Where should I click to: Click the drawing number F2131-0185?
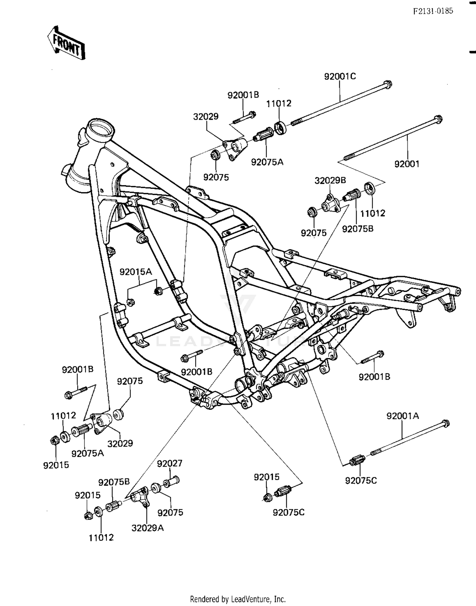pyautogui.click(x=433, y=11)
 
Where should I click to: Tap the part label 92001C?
pyautogui.click(x=340, y=76)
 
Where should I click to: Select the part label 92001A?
pyautogui.click(x=402, y=416)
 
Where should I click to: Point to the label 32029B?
pyautogui.click(x=330, y=180)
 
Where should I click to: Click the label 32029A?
pyautogui.click(x=148, y=528)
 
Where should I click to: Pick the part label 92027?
pyautogui.click(x=170, y=463)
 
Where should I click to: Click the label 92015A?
pyautogui.click(x=136, y=272)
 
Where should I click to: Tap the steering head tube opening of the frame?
pyautogui.click(x=101, y=128)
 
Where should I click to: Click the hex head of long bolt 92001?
pyautogui.click(x=438, y=120)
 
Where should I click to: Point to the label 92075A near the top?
pyautogui.click(x=267, y=162)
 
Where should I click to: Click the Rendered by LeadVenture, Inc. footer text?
pyautogui.click(x=238, y=599)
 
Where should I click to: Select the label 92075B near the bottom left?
pyautogui.click(x=114, y=482)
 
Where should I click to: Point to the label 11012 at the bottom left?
pyautogui.click(x=101, y=538)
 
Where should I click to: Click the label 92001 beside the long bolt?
pyautogui.click(x=407, y=164)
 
